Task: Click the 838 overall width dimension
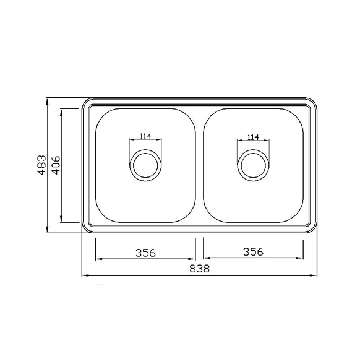(199, 269)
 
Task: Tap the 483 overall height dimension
(42, 165)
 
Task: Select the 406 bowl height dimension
(56, 165)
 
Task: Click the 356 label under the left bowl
(145, 253)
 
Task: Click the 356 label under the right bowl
(253, 252)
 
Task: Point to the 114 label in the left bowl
(145, 136)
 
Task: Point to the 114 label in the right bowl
(253, 137)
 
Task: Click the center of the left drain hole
(145, 165)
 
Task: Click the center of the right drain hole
(253, 166)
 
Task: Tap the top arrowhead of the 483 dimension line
(47, 102)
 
